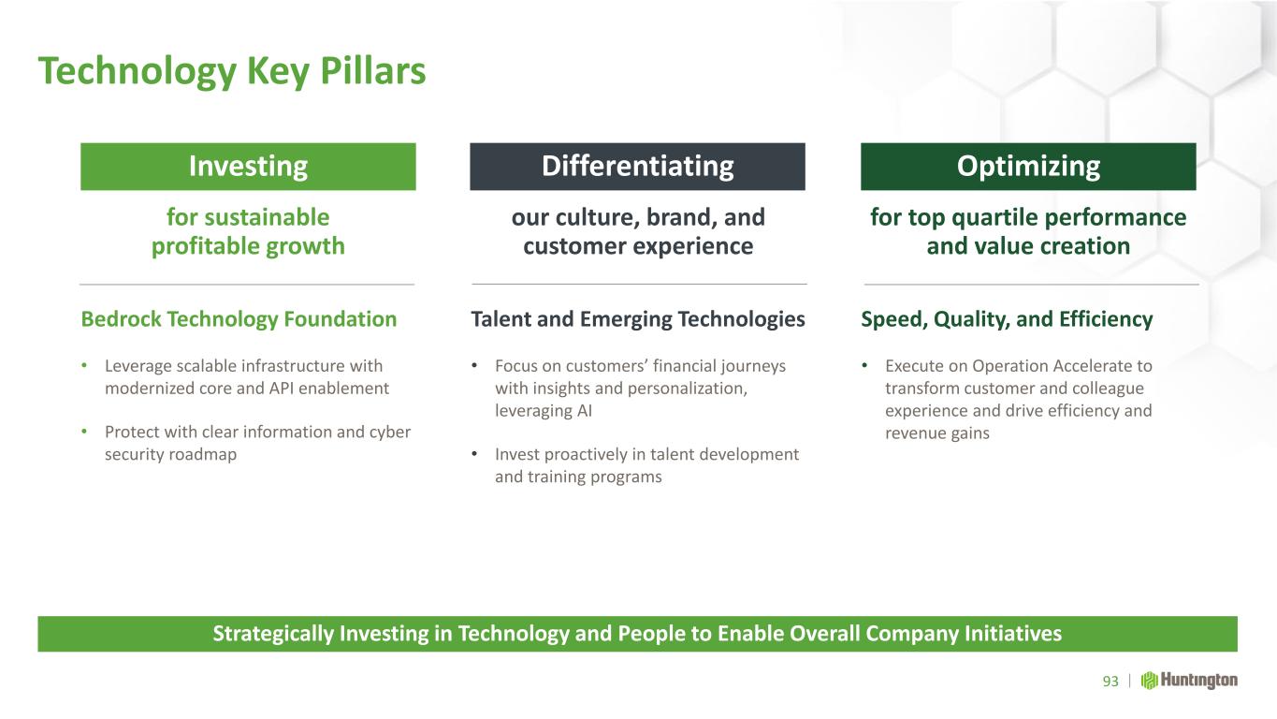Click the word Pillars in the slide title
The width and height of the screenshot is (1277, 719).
[x=373, y=71]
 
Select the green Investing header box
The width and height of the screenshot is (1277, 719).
[x=248, y=167]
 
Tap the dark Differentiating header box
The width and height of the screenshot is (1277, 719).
[x=637, y=167]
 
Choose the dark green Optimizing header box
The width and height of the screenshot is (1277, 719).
[x=1028, y=167]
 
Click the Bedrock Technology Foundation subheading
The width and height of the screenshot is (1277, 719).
[x=239, y=319]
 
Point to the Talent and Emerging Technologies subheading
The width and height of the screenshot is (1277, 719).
[x=638, y=319]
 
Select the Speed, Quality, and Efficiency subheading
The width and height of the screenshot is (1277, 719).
[x=1007, y=319]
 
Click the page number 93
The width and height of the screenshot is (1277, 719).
[x=1110, y=681]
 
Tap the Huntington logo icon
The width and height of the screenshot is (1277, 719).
[x=1149, y=681]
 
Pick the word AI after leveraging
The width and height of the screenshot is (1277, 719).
[x=585, y=410]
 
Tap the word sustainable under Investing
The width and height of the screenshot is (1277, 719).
[x=267, y=217]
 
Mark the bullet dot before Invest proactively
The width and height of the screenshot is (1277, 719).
[x=474, y=454]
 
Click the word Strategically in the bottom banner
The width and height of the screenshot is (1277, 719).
[x=273, y=634]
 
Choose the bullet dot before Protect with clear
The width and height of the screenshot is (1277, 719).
[x=84, y=432]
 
